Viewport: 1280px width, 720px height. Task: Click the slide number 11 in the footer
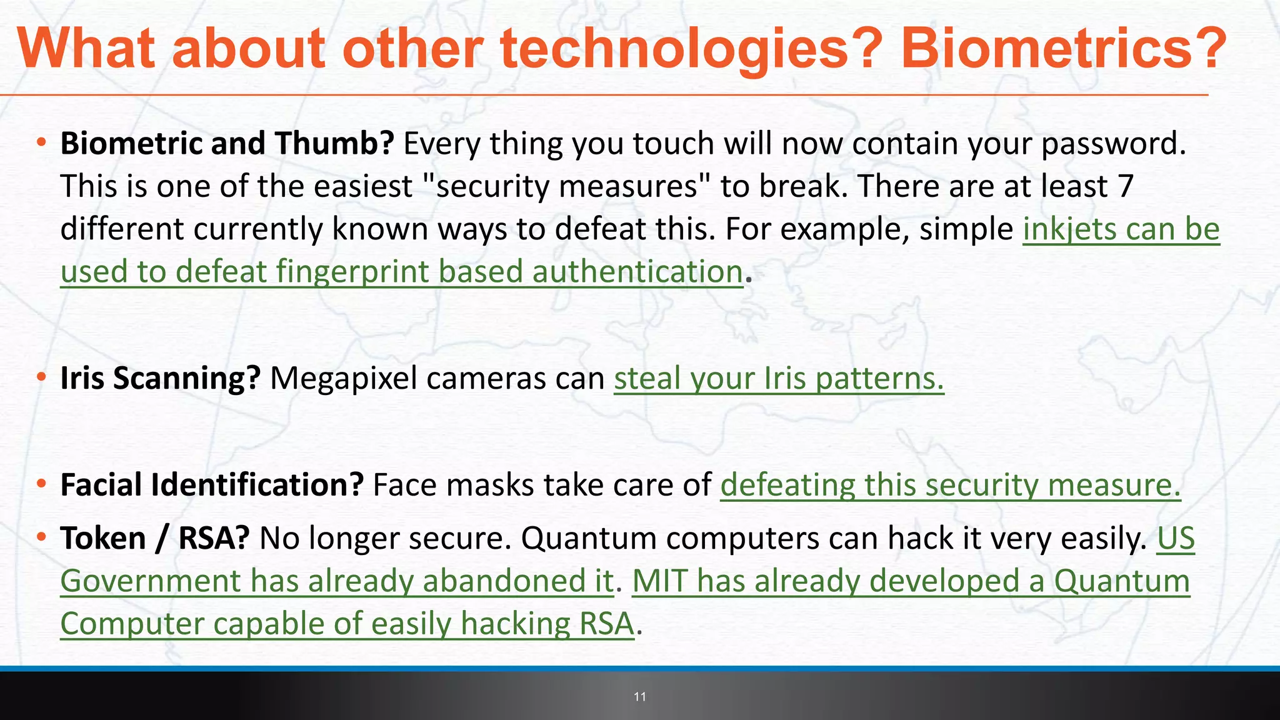coord(639,697)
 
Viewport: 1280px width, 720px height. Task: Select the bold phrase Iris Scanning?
coord(160,379)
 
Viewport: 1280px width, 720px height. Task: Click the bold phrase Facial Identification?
coord(212,485)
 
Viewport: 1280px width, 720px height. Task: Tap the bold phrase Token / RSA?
coord(155,539)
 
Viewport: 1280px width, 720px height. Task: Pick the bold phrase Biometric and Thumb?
coord(226,144)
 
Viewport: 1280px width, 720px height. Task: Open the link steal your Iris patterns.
coord(779,379)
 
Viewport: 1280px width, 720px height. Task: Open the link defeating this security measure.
coord(950,485)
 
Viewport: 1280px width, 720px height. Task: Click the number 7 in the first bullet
coord(1125,186)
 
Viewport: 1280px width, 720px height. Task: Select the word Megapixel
coord(343,379)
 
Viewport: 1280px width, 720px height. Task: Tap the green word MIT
coord(659,581)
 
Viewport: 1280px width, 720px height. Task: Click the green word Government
coord(151,581)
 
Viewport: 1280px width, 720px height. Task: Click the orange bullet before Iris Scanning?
coord(41,377)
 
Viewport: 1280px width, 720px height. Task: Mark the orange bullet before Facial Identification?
coord(41,484)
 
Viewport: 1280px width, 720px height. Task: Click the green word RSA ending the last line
coord(606,624)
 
